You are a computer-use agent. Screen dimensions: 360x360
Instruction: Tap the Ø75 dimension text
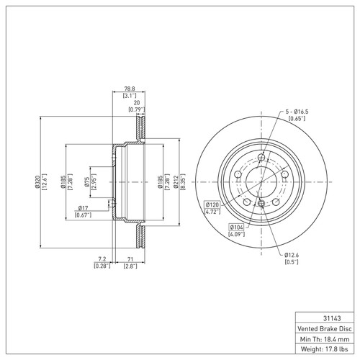(x=87, y=184)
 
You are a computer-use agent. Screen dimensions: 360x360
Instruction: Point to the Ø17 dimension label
(x=84, y=209)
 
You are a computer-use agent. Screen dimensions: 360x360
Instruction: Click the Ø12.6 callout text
(x=291, y=255)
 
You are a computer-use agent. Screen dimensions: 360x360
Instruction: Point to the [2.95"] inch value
(x=94, y=184)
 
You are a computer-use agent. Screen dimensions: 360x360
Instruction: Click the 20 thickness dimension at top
(x=137, y=102)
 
